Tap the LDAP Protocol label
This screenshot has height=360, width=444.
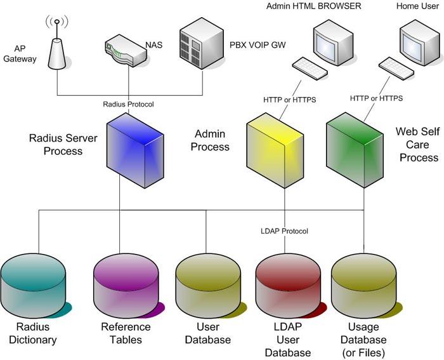284,231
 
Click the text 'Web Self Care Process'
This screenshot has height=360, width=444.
417,144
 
